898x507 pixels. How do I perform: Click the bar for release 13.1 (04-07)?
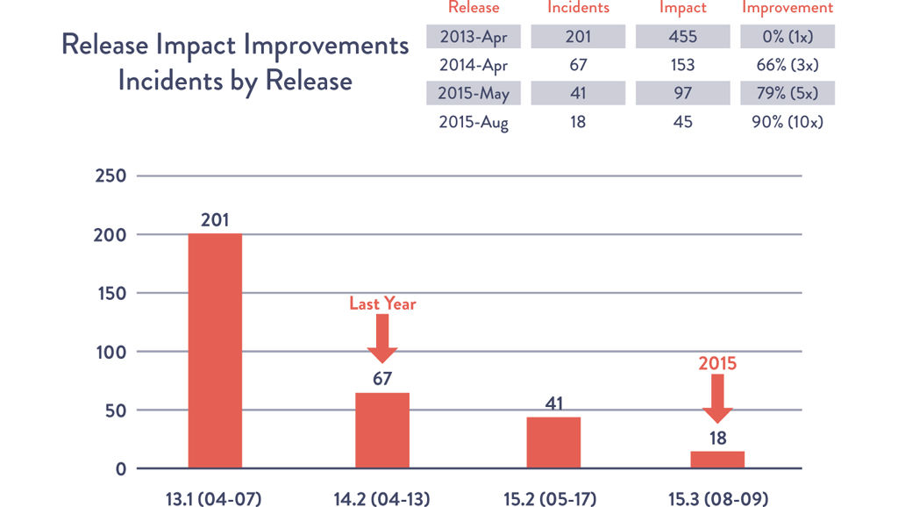pos(215,351)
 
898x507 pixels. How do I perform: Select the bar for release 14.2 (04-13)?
pos(381,430)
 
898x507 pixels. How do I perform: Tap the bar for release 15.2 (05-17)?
pos(553,442)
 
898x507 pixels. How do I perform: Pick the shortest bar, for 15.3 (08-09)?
pos(717,460)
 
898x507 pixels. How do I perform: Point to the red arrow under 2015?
pos(717,398)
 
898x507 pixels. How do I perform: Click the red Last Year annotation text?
pos(382,303)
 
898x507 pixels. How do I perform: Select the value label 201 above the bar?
pos(215,220)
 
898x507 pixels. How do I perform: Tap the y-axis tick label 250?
pos(111,175)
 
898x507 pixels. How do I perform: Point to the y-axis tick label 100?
pos(111,352)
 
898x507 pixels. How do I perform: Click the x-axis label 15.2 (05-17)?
pos(552,498)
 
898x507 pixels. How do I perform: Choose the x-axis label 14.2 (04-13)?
pos(381,498)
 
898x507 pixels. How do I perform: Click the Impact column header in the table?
pos(683,8)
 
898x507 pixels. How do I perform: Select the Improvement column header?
pos(787,8)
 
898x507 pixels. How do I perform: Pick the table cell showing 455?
pos(683,37)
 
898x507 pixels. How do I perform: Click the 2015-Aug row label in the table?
pos(474,122)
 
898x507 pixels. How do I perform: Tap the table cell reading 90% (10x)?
pos(787,122)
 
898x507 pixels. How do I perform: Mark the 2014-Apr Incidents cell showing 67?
pos(577,65)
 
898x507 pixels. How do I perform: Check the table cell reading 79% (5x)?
pos(787,93)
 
